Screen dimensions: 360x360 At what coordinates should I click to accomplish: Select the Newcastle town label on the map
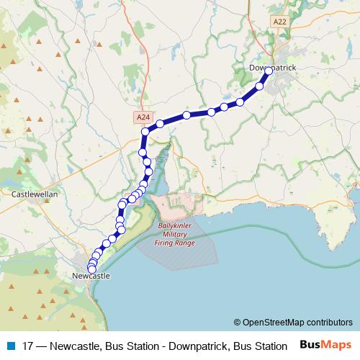pos(91,276)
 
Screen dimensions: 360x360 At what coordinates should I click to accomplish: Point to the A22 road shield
pos(279,23)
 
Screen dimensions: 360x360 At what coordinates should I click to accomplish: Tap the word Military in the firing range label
pos(175,235)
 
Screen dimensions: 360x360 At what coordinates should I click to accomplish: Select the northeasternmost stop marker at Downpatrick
pos(269,71)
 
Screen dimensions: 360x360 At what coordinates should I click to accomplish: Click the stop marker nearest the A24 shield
pos(145,132)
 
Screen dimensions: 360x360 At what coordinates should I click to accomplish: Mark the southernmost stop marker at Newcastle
pos(91,269)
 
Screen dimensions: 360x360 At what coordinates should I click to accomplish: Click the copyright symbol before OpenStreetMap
pos(238,323)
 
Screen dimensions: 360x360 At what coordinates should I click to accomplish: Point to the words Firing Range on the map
pos(175,243)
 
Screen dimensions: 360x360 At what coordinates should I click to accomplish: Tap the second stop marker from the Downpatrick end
pos(260,86)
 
